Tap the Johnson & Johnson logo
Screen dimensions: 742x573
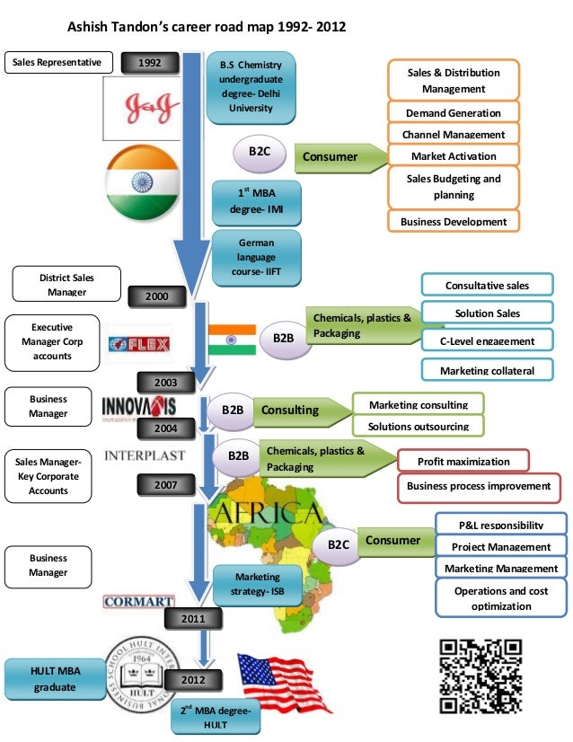click(x=141, y=107)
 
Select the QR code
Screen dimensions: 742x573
click(x=481, y=676)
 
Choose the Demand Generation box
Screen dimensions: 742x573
click(x=454, y=113)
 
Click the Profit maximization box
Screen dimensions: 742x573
click(x=463, y=461)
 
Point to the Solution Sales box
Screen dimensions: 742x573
click(x=487, y=314)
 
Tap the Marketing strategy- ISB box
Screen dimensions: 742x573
click(x=257, y=584)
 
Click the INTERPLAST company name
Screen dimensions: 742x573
click(x=145, y=455)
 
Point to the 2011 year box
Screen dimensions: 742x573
click(x=193, y=618)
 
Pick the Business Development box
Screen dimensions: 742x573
click(x=454, y=221)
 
